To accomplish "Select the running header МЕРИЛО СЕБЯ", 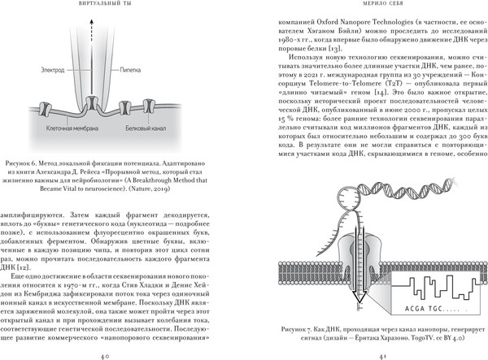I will click(375, 7).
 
